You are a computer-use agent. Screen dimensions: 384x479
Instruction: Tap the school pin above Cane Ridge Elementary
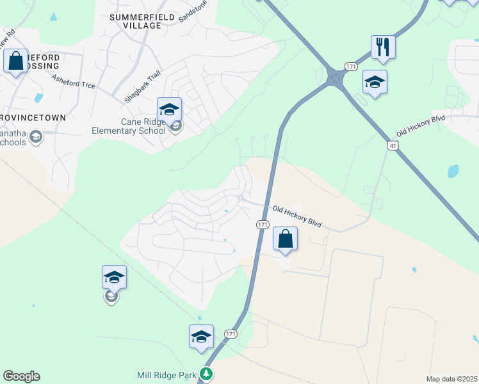pos(169,109)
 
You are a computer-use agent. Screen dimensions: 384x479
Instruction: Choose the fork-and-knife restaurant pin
pos(382,47)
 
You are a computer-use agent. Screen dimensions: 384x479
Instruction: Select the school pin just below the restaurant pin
pos(375,82)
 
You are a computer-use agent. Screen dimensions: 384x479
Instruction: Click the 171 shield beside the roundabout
pos(350,67)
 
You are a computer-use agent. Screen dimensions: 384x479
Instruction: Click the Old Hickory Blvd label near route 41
pos(420,125)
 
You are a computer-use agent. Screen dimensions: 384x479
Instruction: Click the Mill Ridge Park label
pos(166,375)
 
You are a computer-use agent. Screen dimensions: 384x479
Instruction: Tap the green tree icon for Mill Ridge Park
pos(206,374)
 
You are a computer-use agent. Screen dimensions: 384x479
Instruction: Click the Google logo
pos(21,376)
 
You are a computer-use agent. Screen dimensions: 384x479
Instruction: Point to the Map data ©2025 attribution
pos(452,379)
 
